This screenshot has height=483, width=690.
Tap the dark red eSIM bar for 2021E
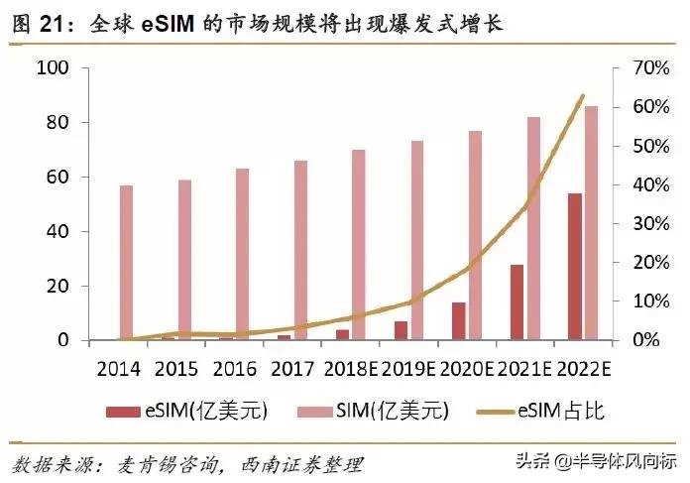tap(517, 302)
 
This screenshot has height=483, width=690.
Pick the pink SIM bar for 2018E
tap(359, 245)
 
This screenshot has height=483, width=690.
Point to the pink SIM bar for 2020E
tap(475, 235)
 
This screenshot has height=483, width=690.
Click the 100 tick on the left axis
tap(51, 67)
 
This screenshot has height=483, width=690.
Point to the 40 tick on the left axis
tap(56, 231)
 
